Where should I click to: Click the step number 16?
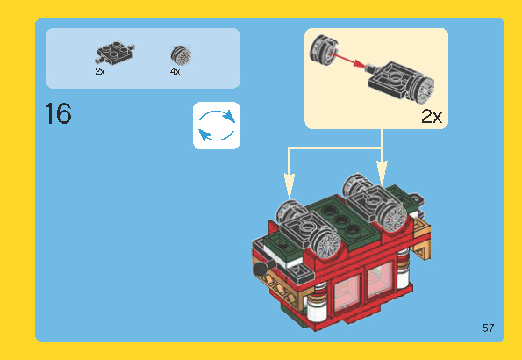click(x=58, y=113)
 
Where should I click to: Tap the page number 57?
click(x=488, y=328)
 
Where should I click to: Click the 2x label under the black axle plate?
click(x=100, y=71)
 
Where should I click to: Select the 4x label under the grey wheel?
click(x=175, y=71)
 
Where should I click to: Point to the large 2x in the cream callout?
click(x=432, y=116)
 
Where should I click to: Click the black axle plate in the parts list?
click(x=115, y=53)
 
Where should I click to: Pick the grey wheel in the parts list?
click(x=181, y=55)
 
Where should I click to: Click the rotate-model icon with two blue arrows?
click(x=217, y=126)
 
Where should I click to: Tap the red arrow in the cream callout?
click(x=348, y=60)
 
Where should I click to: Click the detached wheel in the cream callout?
click(x=324, y=50)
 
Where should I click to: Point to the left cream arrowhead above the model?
click(x=290, y=186)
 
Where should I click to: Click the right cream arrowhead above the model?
click(x=382, y=173)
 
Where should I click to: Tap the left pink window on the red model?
click(x=347, y=292)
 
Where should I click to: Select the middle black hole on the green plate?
click(x=341, y=220)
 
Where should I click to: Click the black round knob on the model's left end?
click(x=261, y=269)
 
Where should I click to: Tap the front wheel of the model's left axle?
click(x=326, y=245)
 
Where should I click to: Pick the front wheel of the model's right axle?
click(x=394, y=216)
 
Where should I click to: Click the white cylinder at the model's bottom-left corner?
click(x=317, y=309)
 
